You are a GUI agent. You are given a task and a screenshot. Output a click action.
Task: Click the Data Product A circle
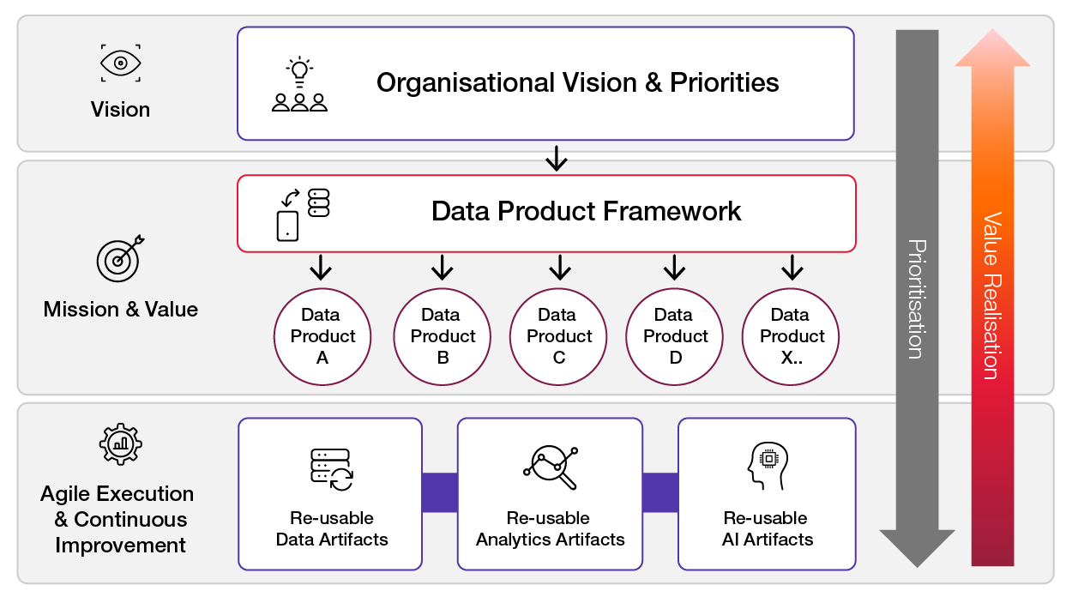[322, 336]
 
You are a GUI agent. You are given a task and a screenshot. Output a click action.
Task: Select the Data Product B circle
[443, 336]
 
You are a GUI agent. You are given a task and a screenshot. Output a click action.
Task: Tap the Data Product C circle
[559, 336]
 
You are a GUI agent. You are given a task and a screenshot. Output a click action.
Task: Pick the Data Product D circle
[676, 336]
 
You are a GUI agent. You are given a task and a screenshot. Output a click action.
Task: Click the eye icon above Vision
[120, 63]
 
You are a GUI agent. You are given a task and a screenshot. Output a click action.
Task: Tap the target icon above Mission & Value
[119, 257]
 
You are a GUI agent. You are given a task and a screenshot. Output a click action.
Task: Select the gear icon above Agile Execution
[120, 443]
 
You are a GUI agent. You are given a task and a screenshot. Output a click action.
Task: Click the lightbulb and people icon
[299, 86]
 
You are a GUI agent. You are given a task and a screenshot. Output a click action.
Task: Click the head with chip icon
[766, 466]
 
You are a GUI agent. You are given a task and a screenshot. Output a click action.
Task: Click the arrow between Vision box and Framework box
[557, 158]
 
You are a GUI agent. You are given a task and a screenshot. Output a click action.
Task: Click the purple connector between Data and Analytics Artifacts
[439, 493]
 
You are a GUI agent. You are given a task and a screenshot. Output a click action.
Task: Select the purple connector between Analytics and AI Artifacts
[659, 493]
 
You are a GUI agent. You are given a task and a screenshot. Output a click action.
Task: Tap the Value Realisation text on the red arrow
[991, 296]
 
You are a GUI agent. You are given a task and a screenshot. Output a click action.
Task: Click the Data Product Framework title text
[586, 211]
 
